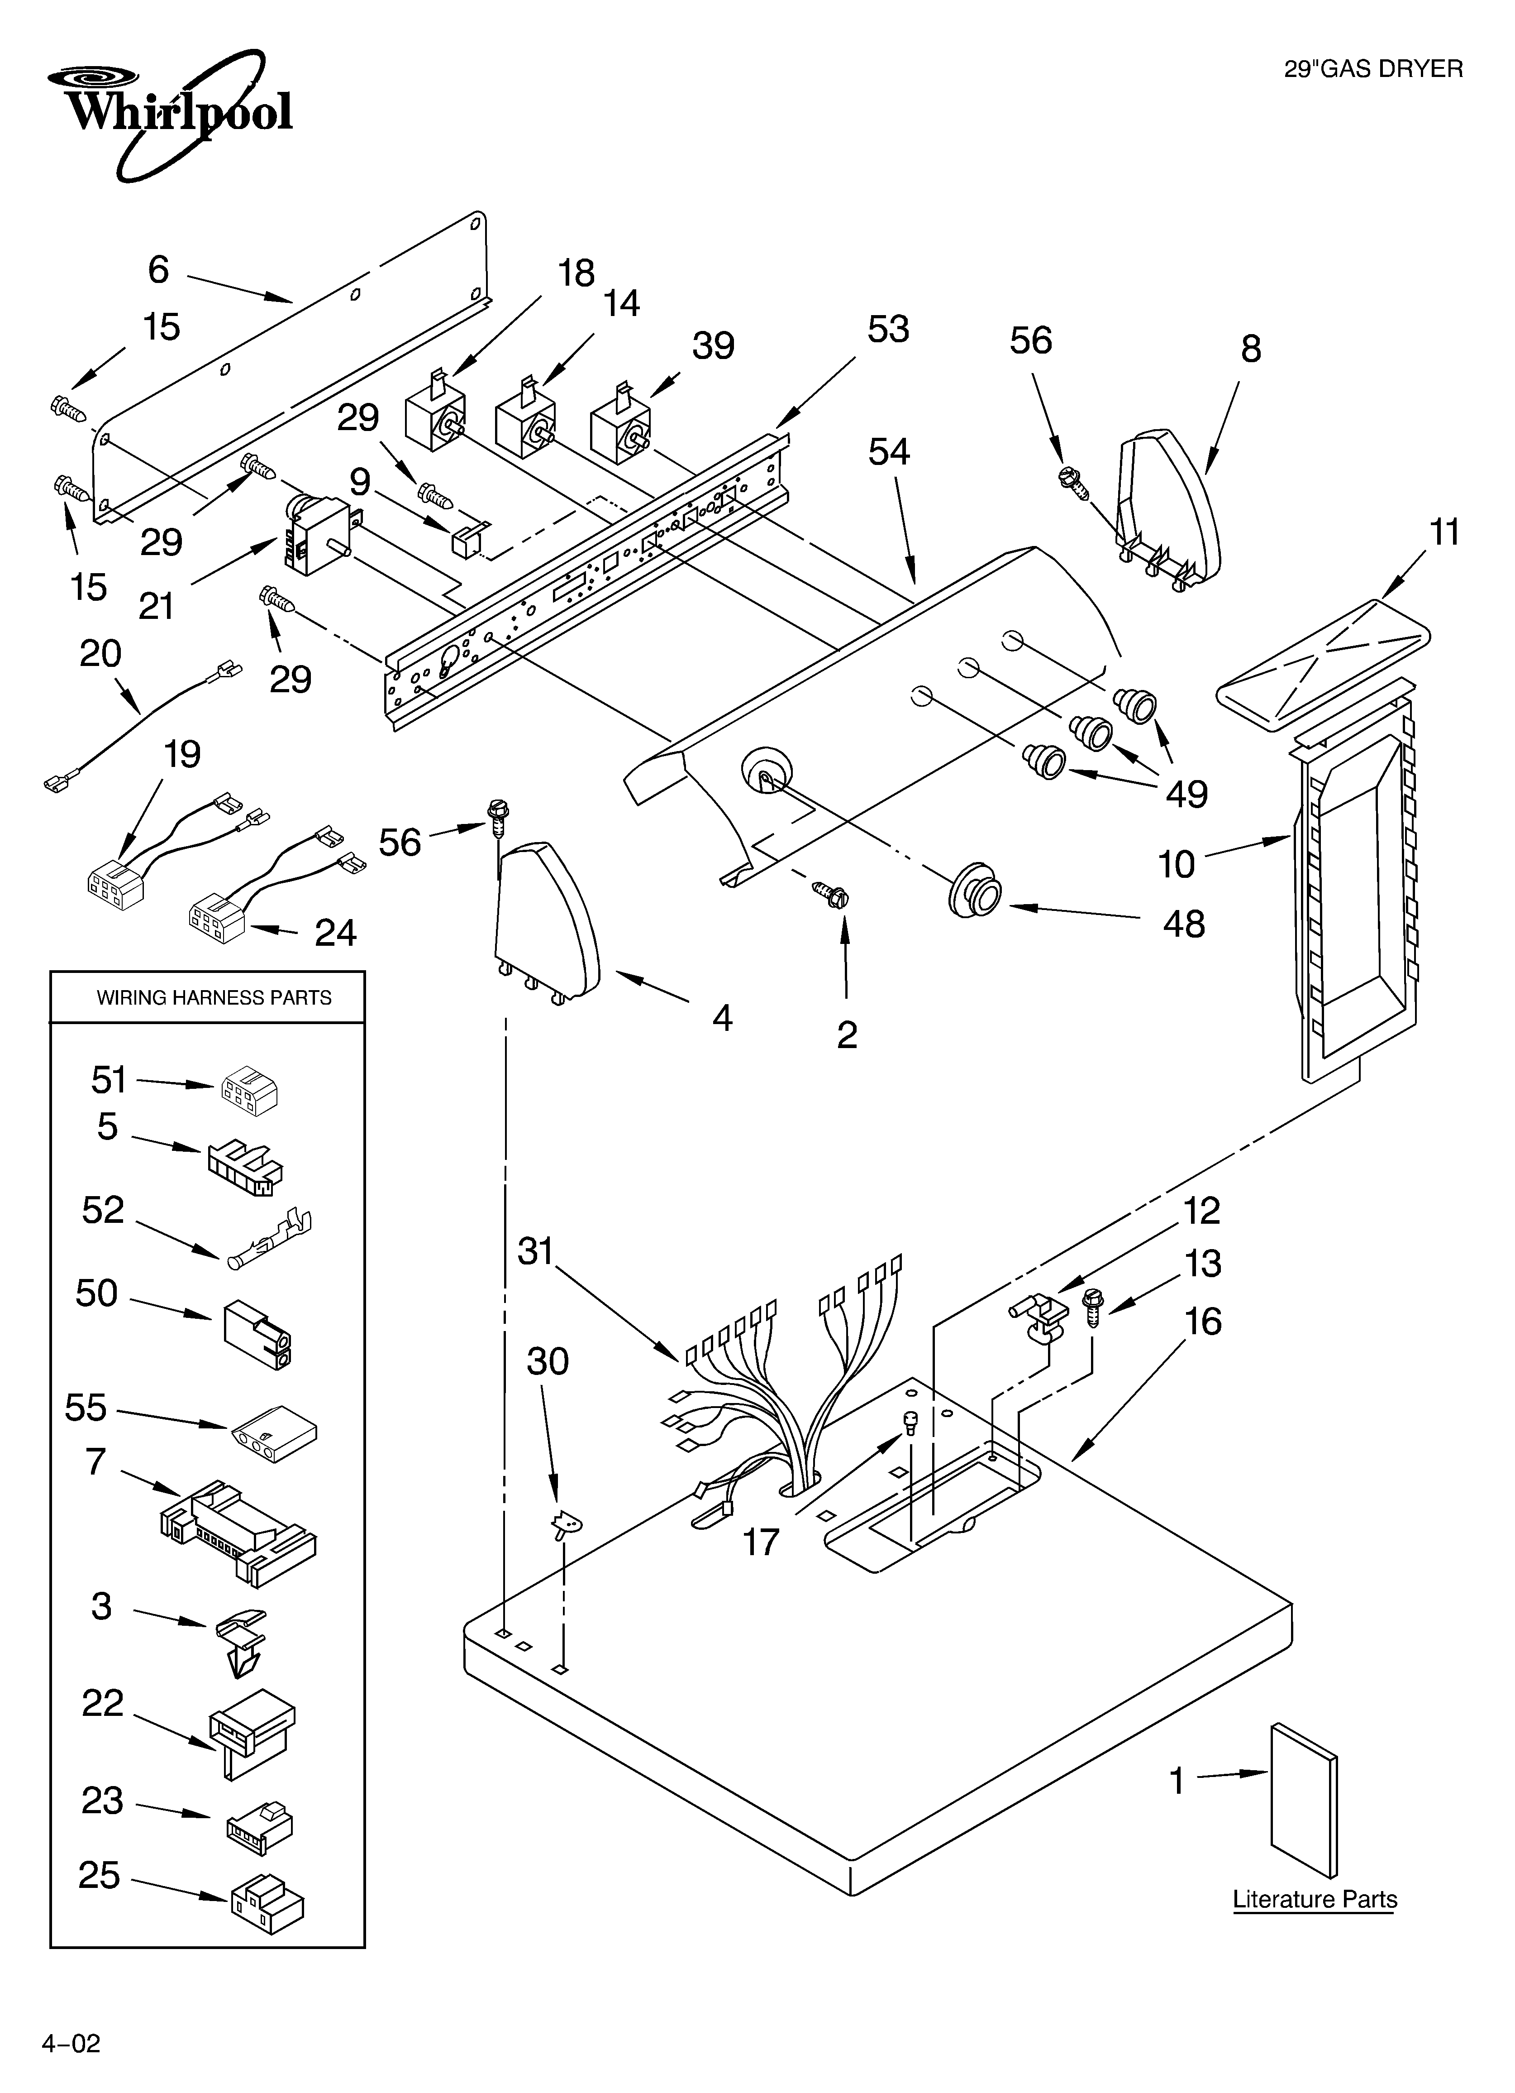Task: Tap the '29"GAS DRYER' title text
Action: click(1373, 69)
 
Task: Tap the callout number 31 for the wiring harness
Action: click(535, 1251)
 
